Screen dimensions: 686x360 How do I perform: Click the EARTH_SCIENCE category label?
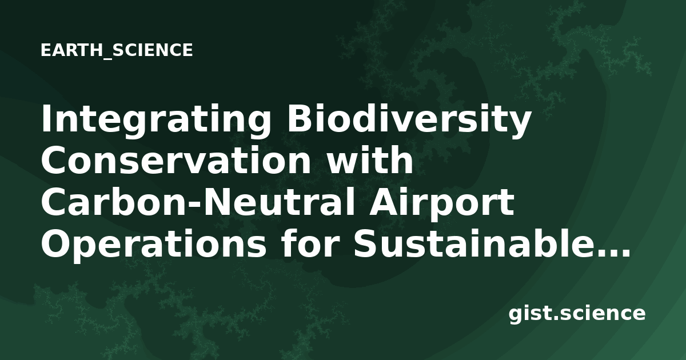click(x=117, y=50)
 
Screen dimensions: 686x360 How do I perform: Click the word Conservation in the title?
click(x=177, y=161)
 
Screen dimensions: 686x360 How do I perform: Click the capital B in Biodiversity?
click(x=298, y=119)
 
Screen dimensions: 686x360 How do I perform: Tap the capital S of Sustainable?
click(x=366, y=243)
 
